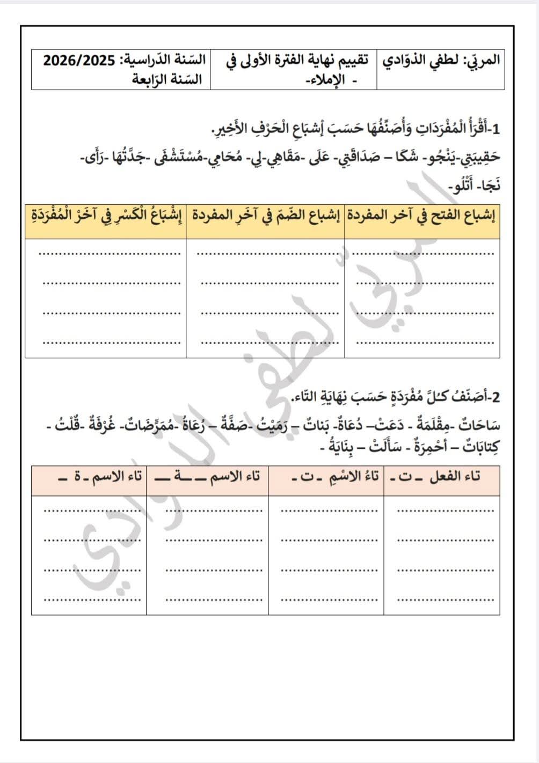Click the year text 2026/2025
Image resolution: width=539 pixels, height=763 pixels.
(x=79, y=60)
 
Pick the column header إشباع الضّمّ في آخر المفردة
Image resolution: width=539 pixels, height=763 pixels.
(x=265, y=216)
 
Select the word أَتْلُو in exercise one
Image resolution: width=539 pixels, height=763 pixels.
(x=462, y=186)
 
